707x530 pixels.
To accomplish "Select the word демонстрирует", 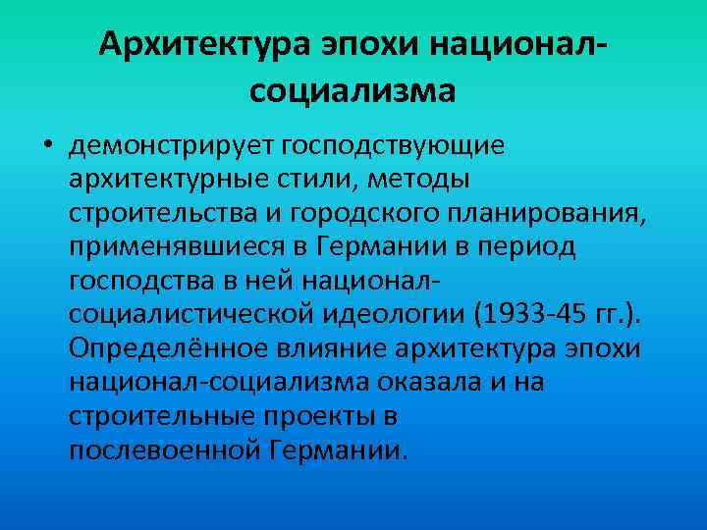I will click(x=171, y=146).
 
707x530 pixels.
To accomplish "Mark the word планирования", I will click(x=531, y=213).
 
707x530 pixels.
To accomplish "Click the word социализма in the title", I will click(x=353, y=91).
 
